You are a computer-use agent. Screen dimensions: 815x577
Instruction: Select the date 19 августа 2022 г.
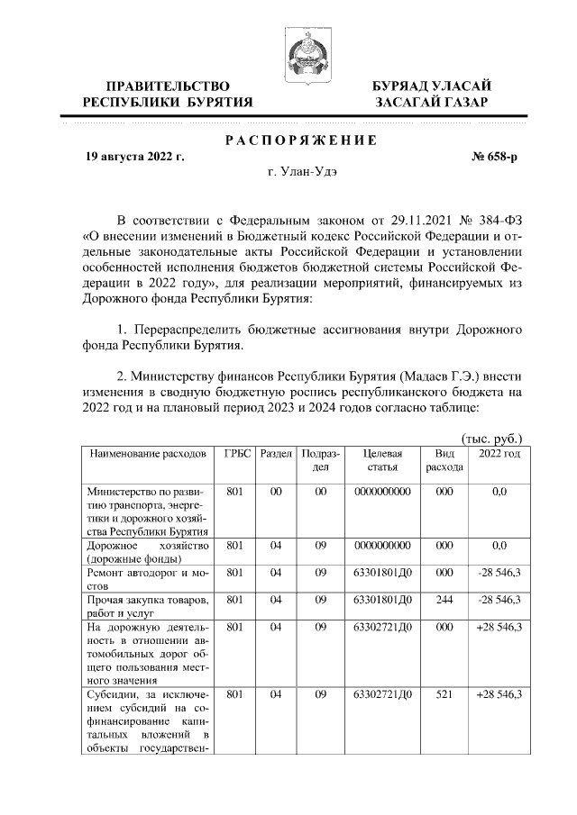(134, 157)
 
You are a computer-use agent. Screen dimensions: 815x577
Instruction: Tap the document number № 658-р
(495, 157)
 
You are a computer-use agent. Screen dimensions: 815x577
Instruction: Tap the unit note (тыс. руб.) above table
(492, 439)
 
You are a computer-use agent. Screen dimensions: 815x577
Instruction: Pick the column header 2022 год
(499, 454)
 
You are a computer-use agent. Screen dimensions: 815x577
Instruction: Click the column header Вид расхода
(444, 460)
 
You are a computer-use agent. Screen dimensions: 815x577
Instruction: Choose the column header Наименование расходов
(147, 454)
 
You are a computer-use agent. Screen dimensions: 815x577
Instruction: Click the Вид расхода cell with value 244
(444, 600)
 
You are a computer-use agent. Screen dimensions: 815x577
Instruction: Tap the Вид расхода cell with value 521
(444, 694)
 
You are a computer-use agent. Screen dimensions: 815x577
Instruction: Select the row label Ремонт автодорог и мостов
(147, 579)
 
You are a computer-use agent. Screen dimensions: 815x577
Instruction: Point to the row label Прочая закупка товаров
(147, 606)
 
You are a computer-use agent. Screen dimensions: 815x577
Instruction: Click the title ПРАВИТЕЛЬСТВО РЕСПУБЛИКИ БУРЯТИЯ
(168, 94)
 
